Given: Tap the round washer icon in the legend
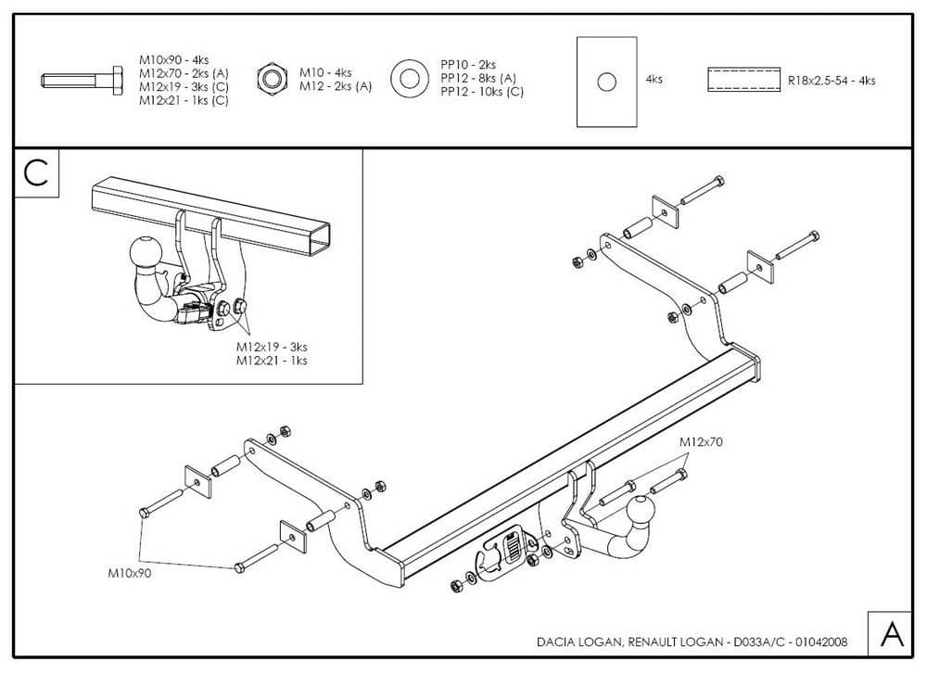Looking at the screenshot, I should pyautogui.click(x=407, y=80).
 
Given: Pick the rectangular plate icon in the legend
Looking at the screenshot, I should pyautogui.click(x=606, y=82).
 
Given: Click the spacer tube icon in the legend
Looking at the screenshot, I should pyautogui.click(x=743, y=80).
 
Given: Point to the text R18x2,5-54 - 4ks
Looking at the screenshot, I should pyautogui.click(x=832, y=81).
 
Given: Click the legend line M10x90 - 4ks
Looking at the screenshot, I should pyautogui.click(x=174, y=59).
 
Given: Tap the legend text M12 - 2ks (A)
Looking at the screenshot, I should pyautogui.click(x=335, y=86).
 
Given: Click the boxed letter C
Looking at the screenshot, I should pyautogui.click(x=36, y=174).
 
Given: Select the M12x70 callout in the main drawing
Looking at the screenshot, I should pyautogui.click(x=701, y=442).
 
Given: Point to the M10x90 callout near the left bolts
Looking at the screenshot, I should pyautogui.click(x=129, y=573).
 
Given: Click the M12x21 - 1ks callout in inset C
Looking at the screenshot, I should pyautogui.click(x=271, y=360).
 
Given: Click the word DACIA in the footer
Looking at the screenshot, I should pyautogui.click(x=555, y=642).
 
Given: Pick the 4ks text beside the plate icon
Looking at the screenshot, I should pyautogui.click(x=654, y=80).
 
